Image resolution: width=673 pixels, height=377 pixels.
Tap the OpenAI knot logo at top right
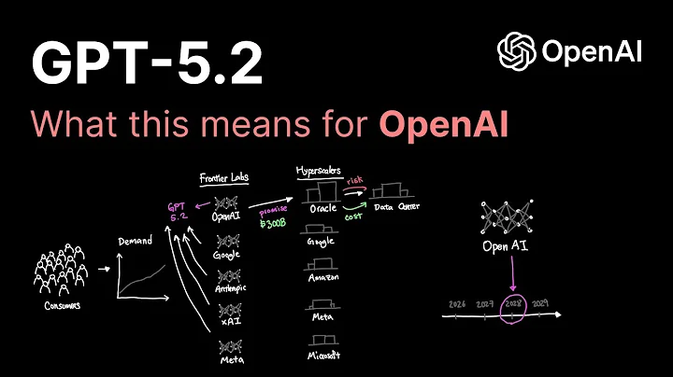515,50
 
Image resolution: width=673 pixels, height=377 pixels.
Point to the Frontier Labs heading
223,176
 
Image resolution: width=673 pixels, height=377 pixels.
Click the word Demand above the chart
136,241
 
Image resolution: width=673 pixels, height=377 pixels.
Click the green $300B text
273,222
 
